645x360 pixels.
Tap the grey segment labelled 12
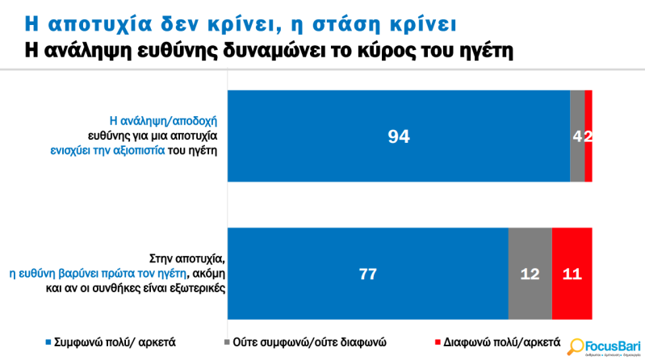tap(530, 273)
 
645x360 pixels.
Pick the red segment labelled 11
tap(572, 273)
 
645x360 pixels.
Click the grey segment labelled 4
tap(577, 136)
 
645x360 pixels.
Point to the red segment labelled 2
tap(588, 136)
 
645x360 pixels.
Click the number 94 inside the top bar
tap(399, 136)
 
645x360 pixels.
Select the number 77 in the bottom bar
tap(368, 274)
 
